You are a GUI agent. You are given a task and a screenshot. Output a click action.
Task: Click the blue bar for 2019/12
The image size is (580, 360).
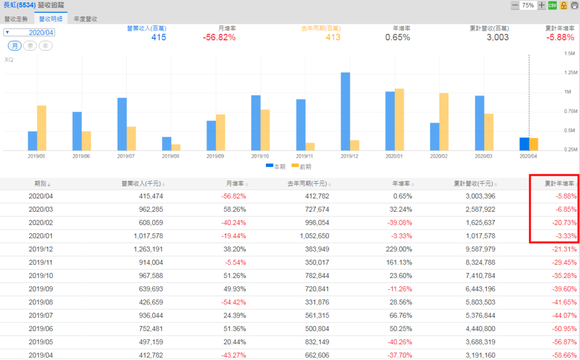[345, 111]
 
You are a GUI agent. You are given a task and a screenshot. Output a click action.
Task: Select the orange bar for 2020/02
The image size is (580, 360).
[443, 122]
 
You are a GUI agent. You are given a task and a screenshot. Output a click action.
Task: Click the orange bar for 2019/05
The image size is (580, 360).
[41, 128]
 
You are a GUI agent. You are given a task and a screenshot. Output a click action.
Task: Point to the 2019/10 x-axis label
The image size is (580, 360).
[259, 156]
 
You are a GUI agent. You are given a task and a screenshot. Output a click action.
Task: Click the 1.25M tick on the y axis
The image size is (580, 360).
[568, 72]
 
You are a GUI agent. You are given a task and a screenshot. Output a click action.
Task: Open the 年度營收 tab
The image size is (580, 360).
[86, 19]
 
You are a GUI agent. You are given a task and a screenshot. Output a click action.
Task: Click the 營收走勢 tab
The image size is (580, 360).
[16, 19]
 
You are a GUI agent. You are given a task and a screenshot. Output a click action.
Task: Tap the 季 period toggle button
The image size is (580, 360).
[30, 45]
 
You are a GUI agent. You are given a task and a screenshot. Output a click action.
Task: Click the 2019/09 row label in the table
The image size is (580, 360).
[40, 288]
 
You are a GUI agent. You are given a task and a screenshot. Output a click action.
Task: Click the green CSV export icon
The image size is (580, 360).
[552, 5]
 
